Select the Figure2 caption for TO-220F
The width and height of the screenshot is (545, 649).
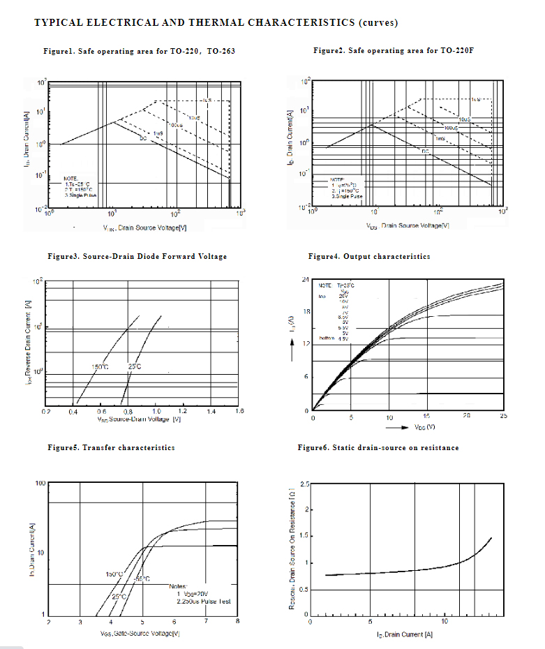tap(392, 51)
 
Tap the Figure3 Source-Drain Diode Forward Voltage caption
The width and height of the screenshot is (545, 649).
tap(137, 256)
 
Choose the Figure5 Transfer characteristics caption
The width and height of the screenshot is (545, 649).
tap(111, 447)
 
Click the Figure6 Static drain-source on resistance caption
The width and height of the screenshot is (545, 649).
tap(378, 447)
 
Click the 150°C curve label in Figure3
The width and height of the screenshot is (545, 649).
tap(100, 366)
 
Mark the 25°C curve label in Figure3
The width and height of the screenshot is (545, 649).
tap(135, 366)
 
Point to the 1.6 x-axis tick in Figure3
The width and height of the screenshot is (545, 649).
tap(239, 412)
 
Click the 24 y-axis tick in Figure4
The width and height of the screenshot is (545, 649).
tap(305, 280)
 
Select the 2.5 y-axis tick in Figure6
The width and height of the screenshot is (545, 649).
tap(305, 484)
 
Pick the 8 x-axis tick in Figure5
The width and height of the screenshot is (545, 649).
tap(237, 621)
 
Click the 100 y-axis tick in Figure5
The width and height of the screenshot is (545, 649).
tap(40, 483)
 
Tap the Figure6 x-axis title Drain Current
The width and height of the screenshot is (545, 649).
tap(405, 634)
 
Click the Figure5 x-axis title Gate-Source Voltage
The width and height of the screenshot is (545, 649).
tap(140, 633)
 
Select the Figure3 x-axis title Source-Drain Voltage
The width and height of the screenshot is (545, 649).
tap(140, 419)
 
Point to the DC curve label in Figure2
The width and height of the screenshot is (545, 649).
tap(424, 151)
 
